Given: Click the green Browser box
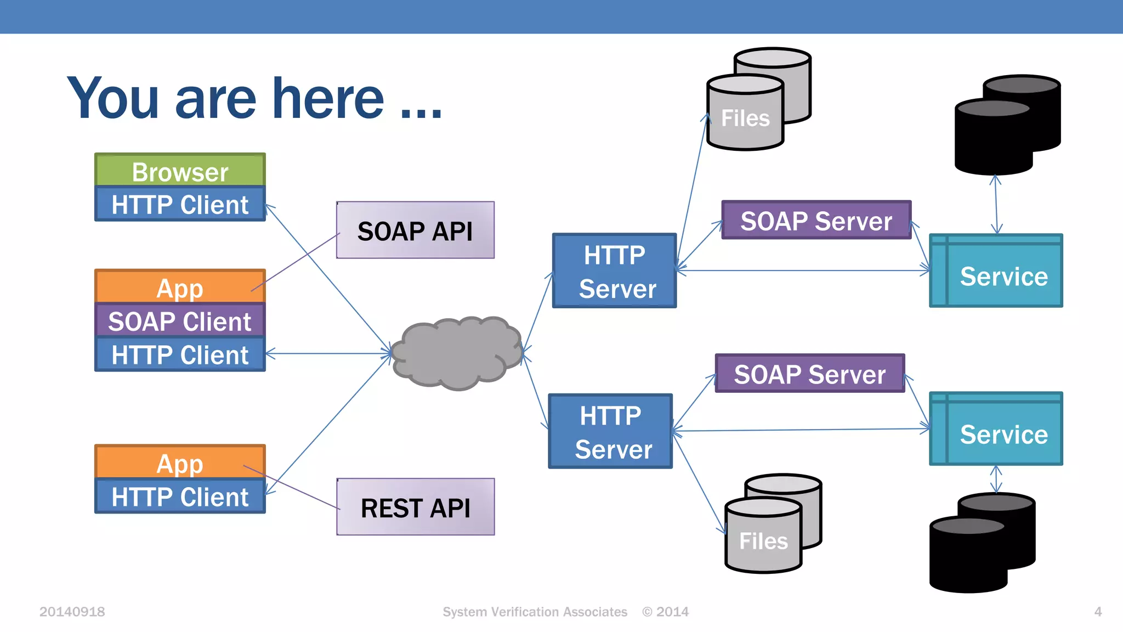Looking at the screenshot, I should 180,171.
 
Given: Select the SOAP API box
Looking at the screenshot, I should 415,230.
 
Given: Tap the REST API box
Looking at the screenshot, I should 415,507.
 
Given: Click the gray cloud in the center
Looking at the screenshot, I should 457,353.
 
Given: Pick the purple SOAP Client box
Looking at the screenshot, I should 180,321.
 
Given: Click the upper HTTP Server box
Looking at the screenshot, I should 614,271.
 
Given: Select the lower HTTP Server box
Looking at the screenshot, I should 610,431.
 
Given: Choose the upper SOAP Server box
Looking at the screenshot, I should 816,221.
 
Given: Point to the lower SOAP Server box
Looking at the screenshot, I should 809,374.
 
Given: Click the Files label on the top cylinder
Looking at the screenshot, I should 745,119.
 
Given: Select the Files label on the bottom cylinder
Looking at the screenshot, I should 763,541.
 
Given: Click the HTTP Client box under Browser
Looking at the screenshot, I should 180,205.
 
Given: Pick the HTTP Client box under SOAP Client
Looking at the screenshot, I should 180,354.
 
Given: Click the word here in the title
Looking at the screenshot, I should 328,99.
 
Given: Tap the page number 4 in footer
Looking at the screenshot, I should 1097,612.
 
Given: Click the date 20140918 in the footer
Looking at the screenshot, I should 72,612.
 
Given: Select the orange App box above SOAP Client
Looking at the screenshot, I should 180,287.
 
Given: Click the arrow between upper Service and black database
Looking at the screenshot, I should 996,205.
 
